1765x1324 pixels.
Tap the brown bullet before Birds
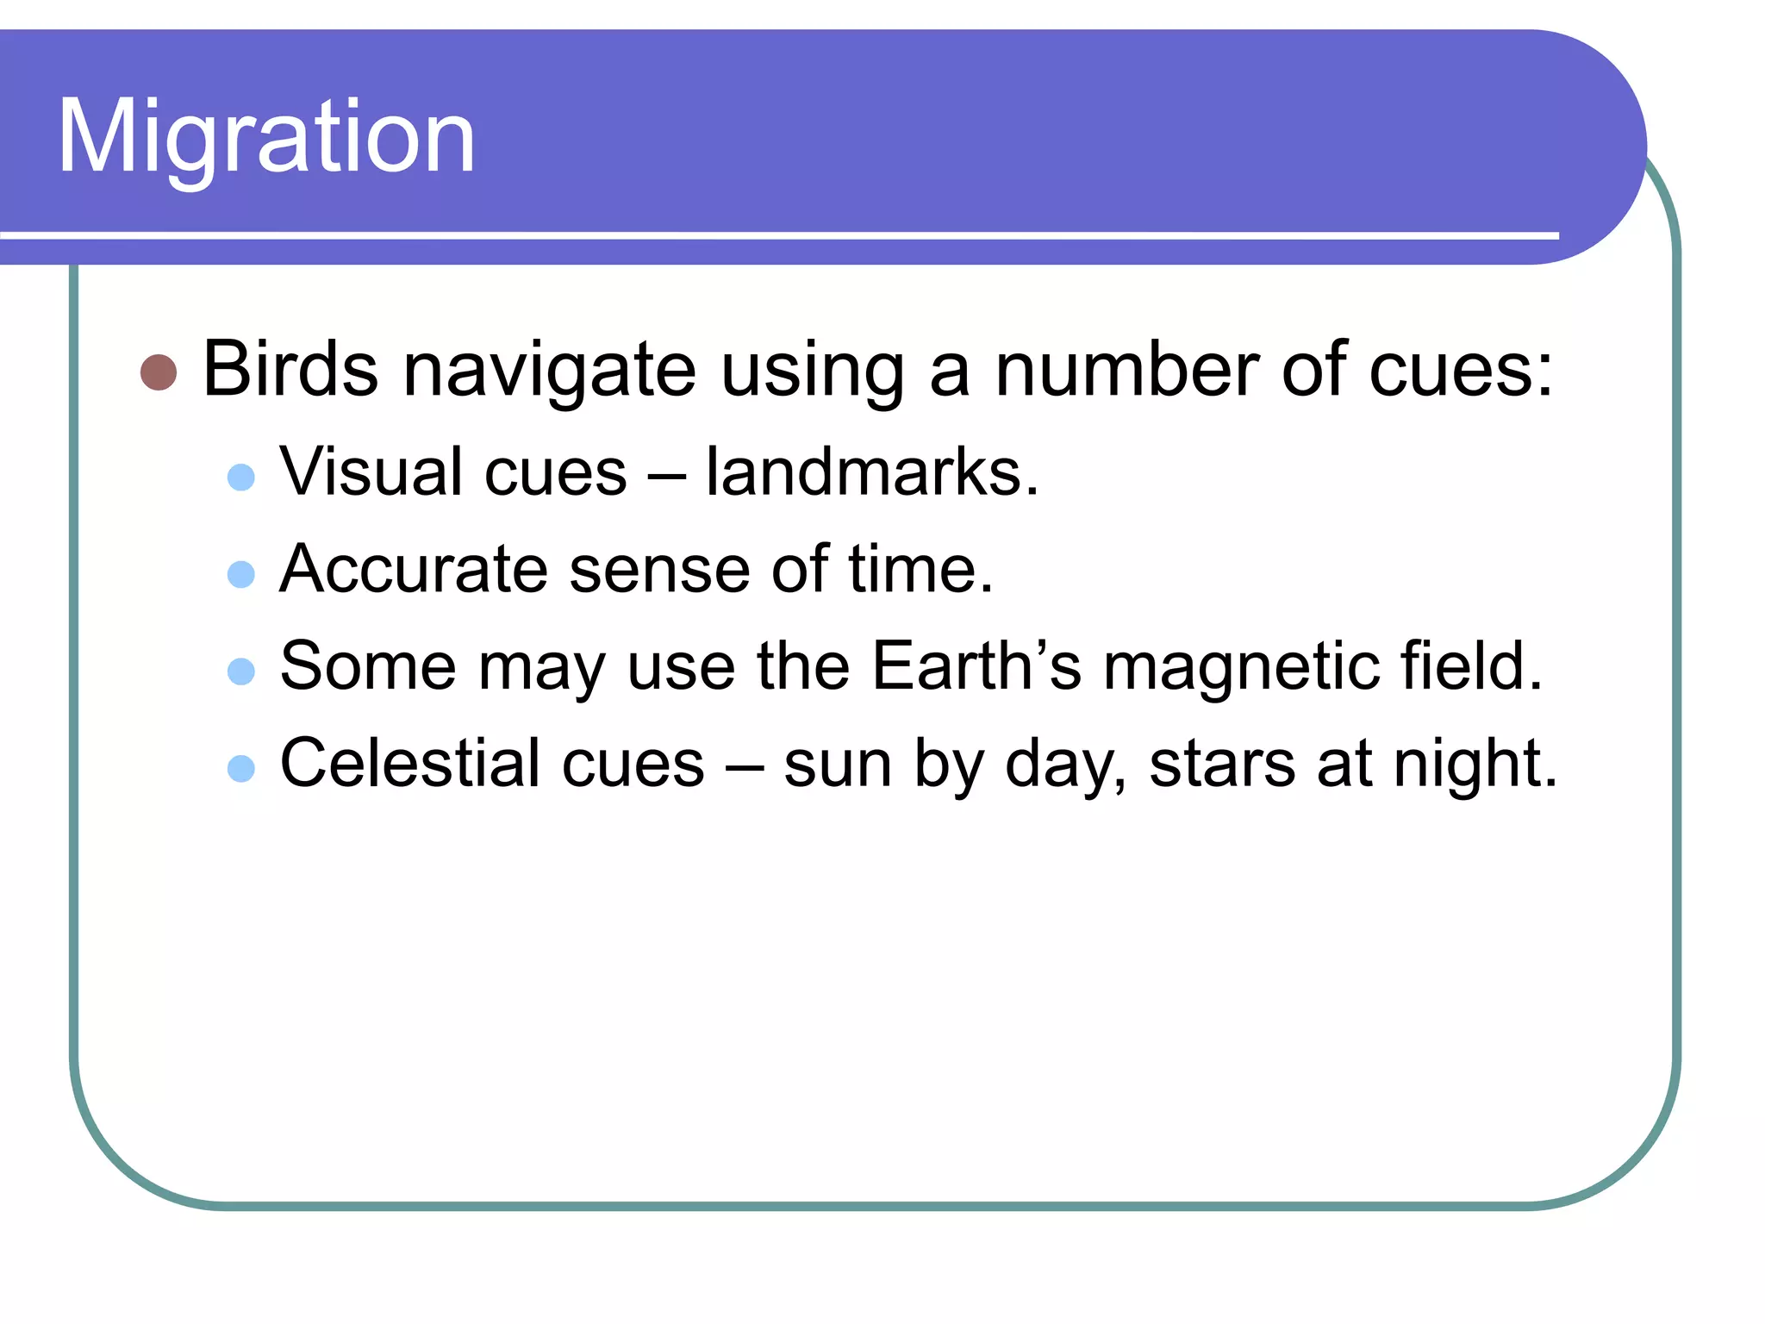click(159, 372)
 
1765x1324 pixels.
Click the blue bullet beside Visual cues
click(241, 477)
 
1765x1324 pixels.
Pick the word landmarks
click(871, 472)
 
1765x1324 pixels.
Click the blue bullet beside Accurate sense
click(241, 574)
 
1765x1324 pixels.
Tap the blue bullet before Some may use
click(241, 671)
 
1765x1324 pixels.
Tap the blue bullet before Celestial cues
click(241, 768)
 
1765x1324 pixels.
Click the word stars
click(1222, 765)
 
